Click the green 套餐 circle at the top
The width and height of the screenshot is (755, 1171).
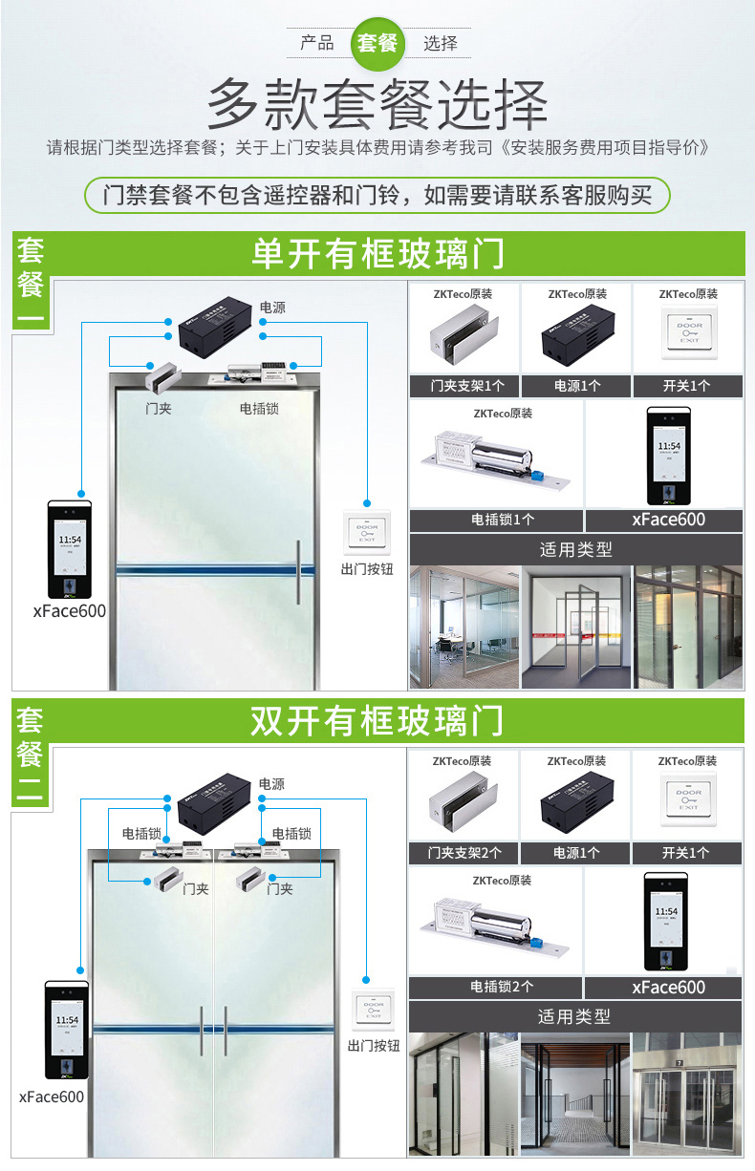[x=377, y=43]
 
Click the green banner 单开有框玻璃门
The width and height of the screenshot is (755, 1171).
[x=377, y=254]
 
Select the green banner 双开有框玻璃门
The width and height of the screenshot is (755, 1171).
[x=377, y=721]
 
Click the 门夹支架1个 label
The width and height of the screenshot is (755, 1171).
[x=464, y=387]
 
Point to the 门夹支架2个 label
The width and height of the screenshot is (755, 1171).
[x=464, y=853]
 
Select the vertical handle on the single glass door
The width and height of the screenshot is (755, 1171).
[x=299, y=571]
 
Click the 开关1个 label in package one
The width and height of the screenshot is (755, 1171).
[x=686, y=387]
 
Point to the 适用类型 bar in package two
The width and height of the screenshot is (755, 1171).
[x=574, y=1016]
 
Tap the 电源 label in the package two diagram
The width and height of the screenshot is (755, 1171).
[x=270, y=784]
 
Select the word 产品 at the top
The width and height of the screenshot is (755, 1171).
[x=317, y=43]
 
